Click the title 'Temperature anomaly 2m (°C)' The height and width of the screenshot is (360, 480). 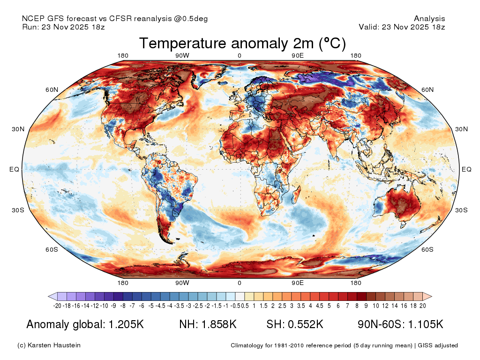tap(242, 43)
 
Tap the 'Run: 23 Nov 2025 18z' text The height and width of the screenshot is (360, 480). tap(63, 27)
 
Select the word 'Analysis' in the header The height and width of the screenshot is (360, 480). tap(429, 19)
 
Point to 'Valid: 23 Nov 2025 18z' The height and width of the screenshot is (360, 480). tap(402, 27)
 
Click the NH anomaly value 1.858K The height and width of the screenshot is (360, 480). tap(219, 324)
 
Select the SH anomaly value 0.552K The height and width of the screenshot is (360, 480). tap(306, 324)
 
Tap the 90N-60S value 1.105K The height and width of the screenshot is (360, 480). tap(426, 324)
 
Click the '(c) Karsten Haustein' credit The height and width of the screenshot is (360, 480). tap(49, 345)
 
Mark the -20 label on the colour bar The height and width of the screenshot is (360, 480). tap(57, 306)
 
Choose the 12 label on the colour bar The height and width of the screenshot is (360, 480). tap(385, 306)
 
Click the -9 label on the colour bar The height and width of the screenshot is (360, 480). tap(113, 306)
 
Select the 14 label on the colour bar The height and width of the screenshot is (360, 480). tap(395, 306)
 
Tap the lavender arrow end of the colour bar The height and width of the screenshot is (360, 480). tap(52, 296)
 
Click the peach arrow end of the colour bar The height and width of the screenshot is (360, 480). tap(427, 296)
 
